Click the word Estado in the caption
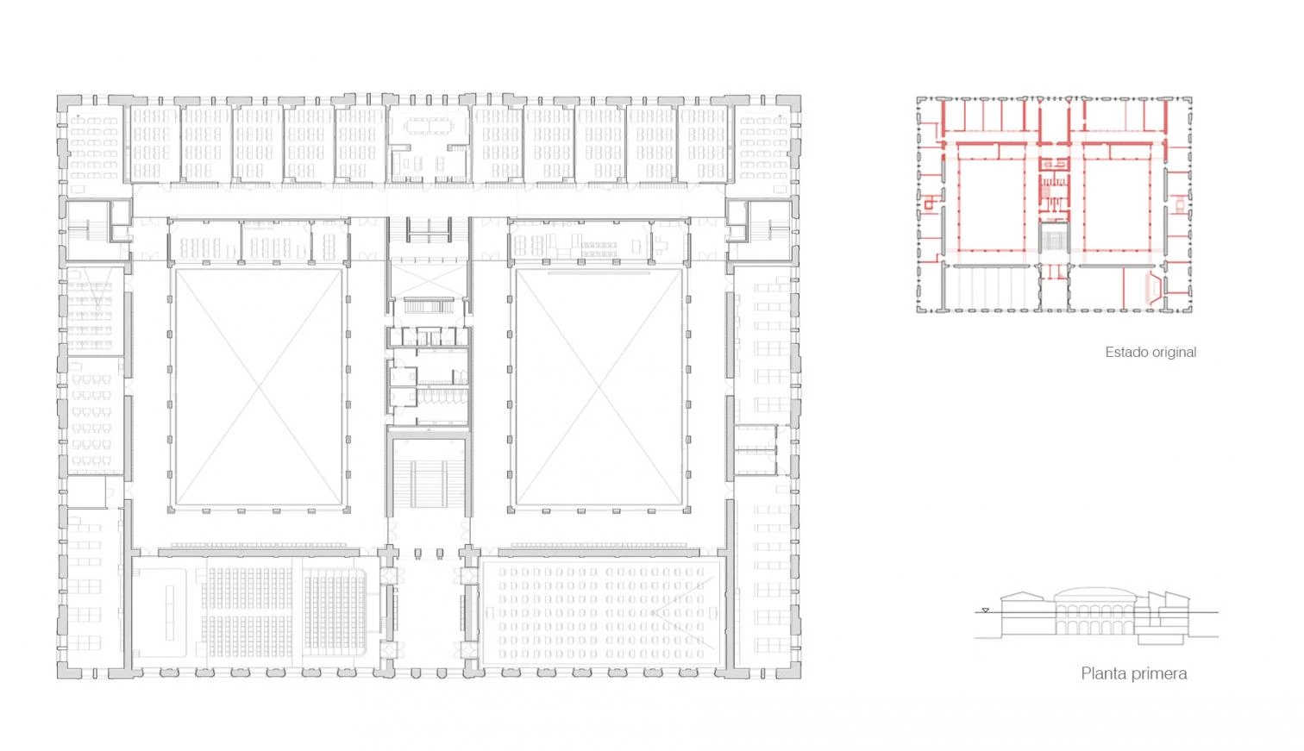(x=1125, y=352)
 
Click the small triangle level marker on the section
(x=985, y=610)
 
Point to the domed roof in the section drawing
(x=1095, y=594)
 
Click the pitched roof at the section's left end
(x=1023, y=597)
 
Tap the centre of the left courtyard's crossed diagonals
(x=259, y=387)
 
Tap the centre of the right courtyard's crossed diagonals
(x=599, y=387)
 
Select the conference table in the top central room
(x=429, y=126)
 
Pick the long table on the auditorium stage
(x=169, y=612)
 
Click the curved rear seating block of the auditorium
(x=335, y=611)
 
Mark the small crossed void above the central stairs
(x=429, y=279)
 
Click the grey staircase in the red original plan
(x=1054, y=240)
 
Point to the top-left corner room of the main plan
(x=93, y=148)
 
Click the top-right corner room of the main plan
(x=762, y=148)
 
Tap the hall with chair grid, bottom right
(x=602, y=611)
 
